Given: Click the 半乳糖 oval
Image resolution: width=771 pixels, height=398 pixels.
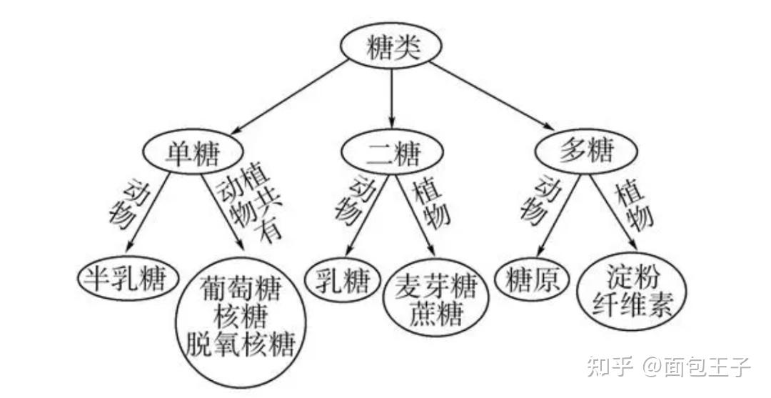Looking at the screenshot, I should click(128, 279).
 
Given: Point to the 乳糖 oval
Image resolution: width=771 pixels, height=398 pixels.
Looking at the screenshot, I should click(342, 281).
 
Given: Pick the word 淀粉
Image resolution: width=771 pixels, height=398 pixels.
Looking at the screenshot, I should click(630, 275).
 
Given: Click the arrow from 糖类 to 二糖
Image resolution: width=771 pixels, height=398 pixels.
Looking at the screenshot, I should click(391, 96).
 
